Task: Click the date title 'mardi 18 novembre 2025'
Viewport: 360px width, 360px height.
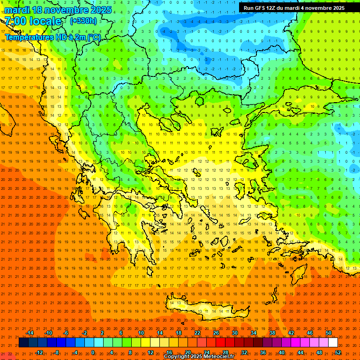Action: coord(58,10)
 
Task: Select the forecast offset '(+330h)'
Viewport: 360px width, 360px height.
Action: coord(83,21)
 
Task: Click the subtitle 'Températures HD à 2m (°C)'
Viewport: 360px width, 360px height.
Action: coord(52,37)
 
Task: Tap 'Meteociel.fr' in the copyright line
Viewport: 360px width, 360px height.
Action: coord(218,357)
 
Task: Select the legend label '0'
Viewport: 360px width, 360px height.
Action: coord(93,352)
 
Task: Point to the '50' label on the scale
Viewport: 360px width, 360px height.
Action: coord(329,333)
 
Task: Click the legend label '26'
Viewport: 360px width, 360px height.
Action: coord(216,333)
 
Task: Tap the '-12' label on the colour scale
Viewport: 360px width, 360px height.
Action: coord(39,352)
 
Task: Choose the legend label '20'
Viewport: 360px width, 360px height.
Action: coord(187,352)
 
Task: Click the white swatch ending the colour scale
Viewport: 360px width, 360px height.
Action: coord(333,343)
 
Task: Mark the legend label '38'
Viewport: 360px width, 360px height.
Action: coord(272,333)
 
